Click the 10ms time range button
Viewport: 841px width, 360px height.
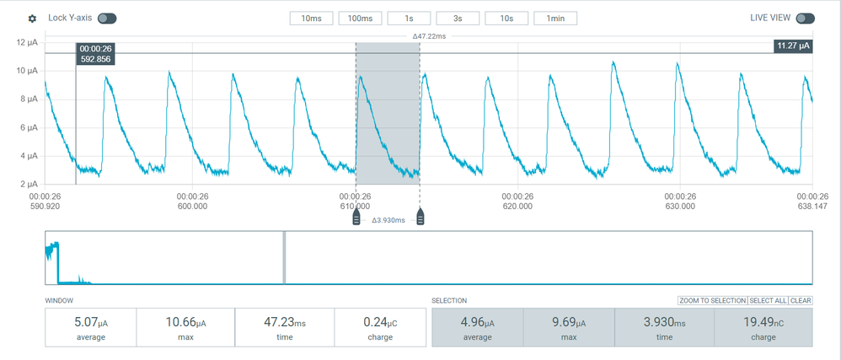click(x=312, y=19)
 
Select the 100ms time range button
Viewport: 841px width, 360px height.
click(x=361, y=19)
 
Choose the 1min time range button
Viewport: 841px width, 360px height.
click(x=555, y=19)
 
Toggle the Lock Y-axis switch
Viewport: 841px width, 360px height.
click(x=107, y=19)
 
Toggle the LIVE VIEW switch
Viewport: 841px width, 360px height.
click(x=805, y=19)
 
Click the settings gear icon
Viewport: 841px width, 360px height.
click(x=32, y=19)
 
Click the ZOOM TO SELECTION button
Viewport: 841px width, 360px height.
click(x=712, y=301)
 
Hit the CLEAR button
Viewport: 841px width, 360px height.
click(x=801, y=301)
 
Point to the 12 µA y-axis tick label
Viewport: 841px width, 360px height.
click(x=29, y=42)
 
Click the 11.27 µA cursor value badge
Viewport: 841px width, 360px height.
click(x=792, y=46)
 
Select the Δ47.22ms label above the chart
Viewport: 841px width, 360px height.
click(x=429, y=36)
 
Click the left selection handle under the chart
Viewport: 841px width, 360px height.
click(x=356, y=219)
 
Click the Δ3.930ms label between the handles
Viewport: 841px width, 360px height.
click(x=388, y=220)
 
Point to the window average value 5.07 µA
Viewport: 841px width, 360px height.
click(x=90, y=323)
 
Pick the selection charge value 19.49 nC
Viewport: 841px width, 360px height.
click(x=764, y=323)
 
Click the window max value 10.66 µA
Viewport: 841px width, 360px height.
click(x=185, y=323)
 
